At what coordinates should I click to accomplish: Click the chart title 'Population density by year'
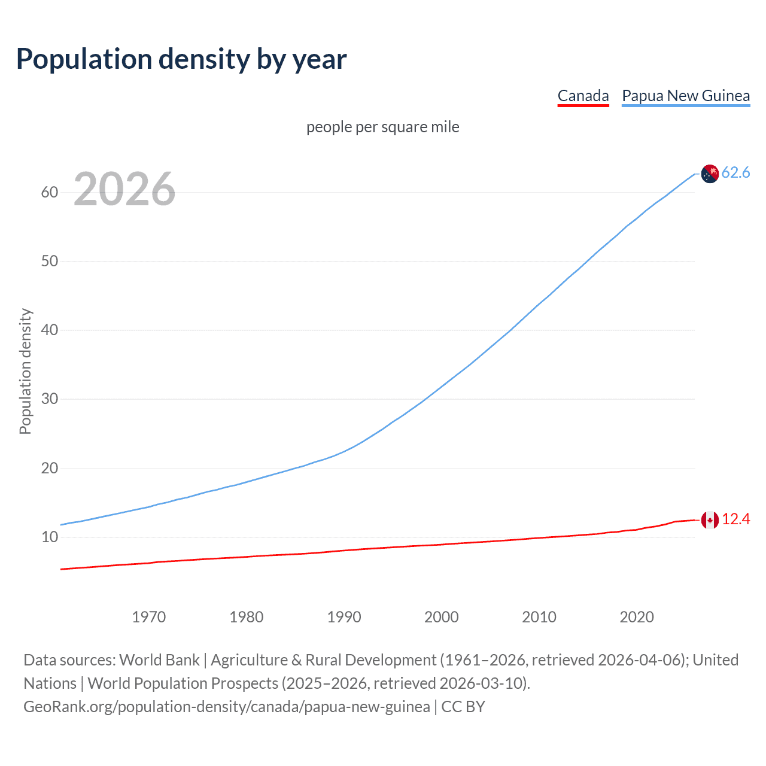(181, 59)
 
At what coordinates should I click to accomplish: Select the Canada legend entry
(583, 96)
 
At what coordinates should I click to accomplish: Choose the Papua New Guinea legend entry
(686, 96)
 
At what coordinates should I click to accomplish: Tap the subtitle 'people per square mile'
(383, 127)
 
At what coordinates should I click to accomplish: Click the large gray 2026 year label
(124, 189)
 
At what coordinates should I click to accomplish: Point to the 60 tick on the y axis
(50, 192)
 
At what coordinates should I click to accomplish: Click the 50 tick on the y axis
(50, 261)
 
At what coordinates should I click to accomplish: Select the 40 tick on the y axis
(50, 330)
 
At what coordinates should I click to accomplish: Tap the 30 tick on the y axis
(50, 399)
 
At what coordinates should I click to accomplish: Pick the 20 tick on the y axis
(50, 468)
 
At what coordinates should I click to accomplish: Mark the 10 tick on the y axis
(50, 537)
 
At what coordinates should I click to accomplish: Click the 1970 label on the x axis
(148, 617)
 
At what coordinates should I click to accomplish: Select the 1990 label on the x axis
(344, 617)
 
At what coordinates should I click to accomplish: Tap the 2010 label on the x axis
(539, 617)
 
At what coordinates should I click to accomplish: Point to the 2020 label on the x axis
(637, 617)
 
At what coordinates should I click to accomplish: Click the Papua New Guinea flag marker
(710, 174)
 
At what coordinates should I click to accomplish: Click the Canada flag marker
(710, 520)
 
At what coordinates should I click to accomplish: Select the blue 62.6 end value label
(735, 173)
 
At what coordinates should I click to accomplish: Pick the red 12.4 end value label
(735, 519)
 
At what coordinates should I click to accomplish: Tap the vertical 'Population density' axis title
(25, 371)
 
